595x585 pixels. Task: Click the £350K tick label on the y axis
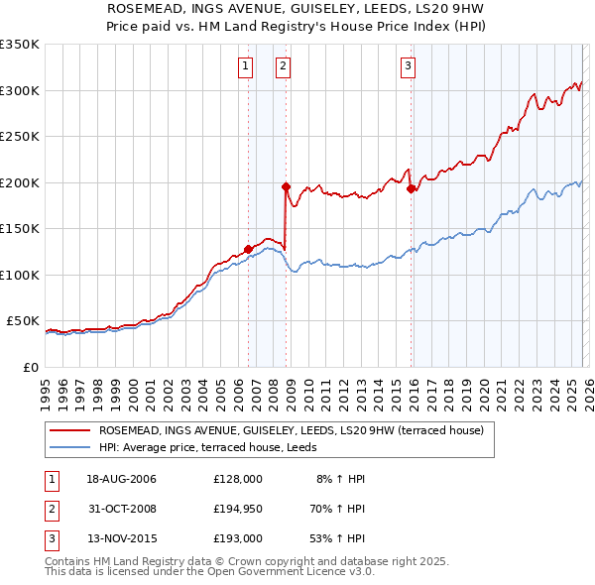click(x=20, y=45)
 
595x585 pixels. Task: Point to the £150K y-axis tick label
click(x=20, y=229)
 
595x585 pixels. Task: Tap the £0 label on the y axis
click(x=31, y=367)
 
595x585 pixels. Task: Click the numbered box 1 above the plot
click(x=245, y=66)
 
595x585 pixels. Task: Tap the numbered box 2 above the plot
click(x=283, y=66)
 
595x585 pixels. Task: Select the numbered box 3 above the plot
click(x=408, y=66)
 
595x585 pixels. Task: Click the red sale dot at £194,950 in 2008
click(x=286, y=186)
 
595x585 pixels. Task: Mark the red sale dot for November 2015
click(x=411, y=188)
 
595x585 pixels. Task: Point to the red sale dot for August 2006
click(x=248, y=249)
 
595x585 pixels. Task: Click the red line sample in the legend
click(x=69, y=430)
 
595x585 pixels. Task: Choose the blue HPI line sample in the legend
click(x=69, y=447)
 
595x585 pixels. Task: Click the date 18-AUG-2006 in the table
click(x=121, y=479)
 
